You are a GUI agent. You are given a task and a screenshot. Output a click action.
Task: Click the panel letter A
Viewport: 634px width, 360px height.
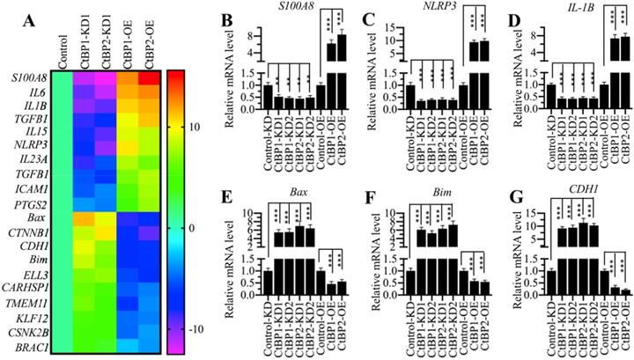click(x=14, y=12)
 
